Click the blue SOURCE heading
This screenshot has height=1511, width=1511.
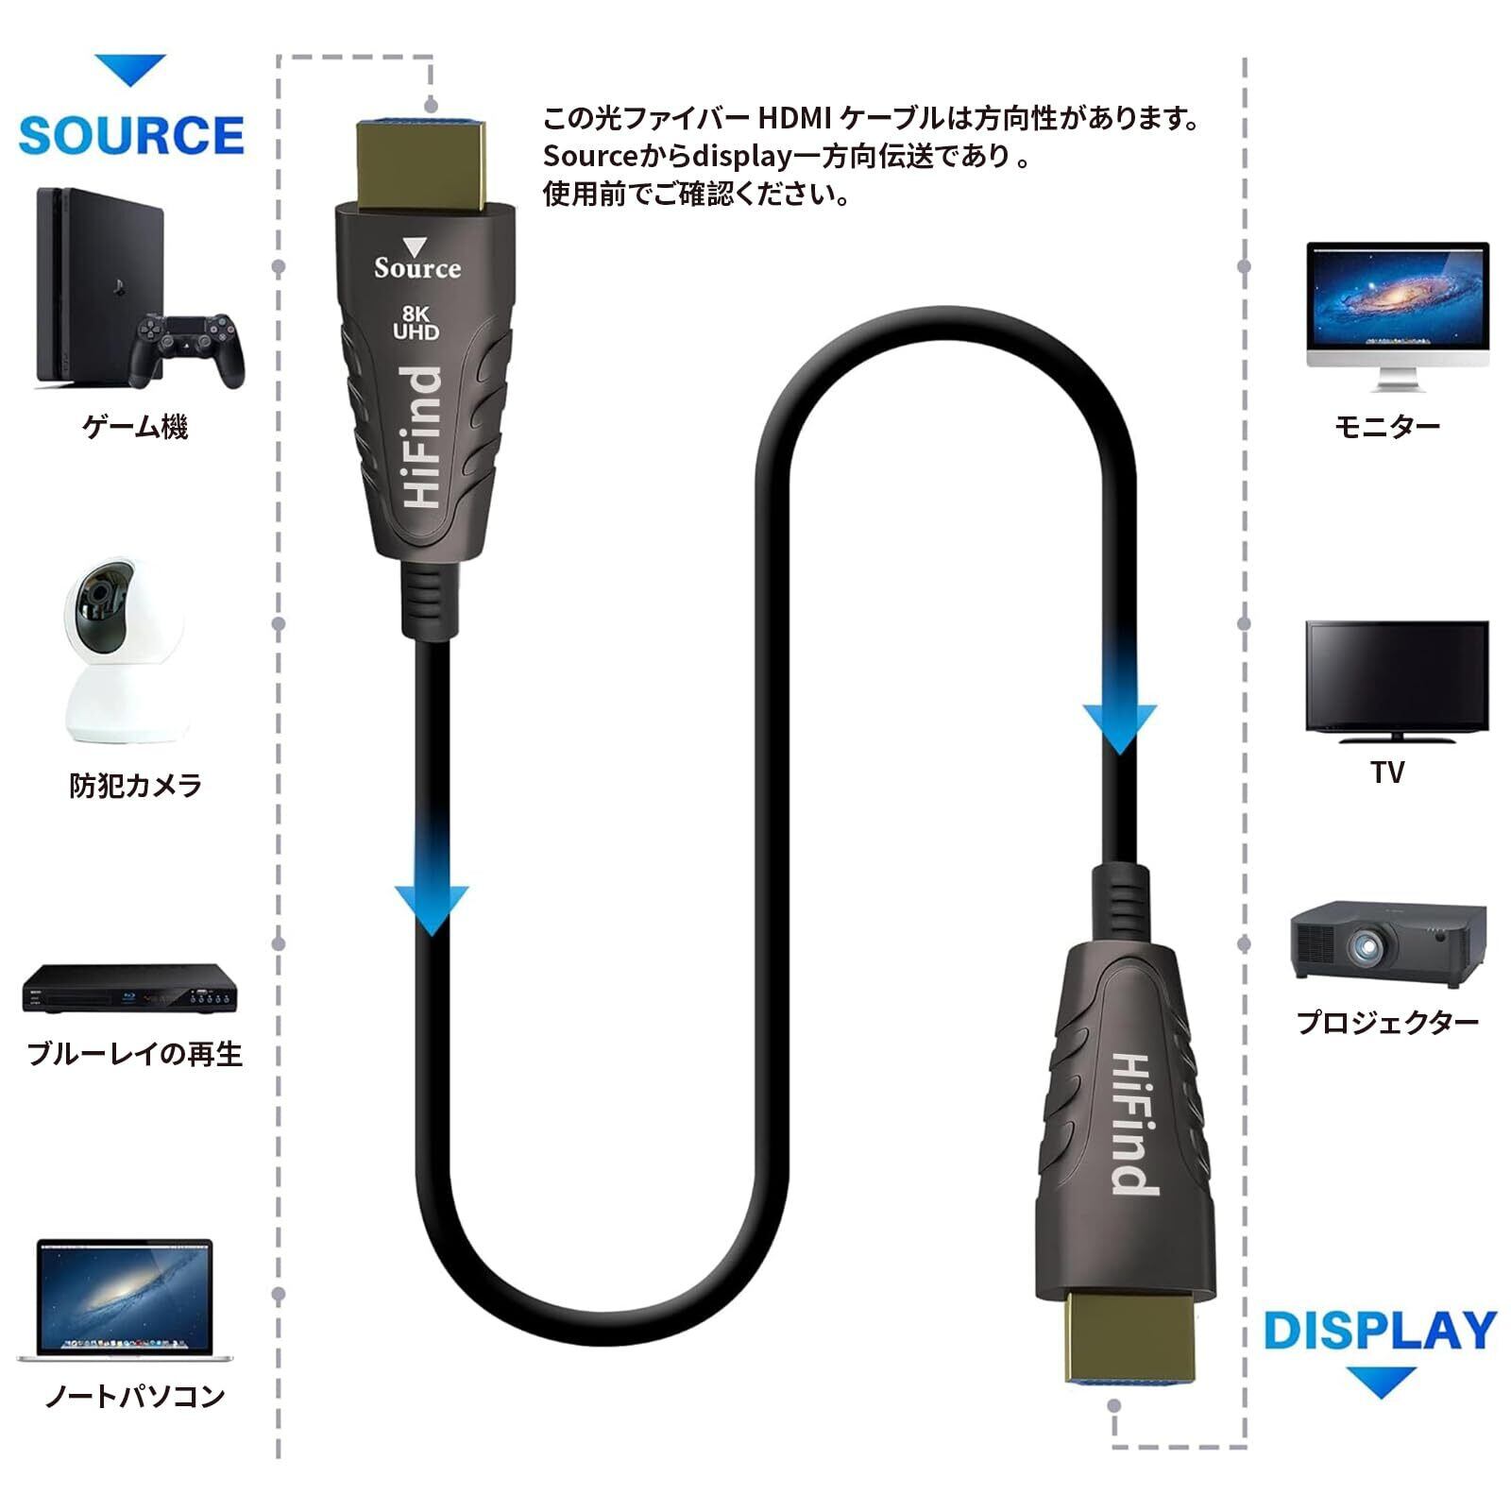point(131,135)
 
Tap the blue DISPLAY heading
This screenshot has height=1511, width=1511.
point(1379,1330)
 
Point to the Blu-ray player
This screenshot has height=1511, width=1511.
point(129,988)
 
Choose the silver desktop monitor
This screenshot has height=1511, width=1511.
point(1397,315)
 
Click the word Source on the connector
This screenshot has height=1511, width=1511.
point(417,268)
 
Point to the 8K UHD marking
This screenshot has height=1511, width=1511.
point(416,323)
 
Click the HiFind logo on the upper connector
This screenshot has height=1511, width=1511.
point(421,437)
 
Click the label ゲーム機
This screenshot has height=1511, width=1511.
point(135,427)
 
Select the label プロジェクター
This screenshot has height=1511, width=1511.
point(1387,1022)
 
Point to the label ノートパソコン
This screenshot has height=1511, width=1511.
point(135,1396)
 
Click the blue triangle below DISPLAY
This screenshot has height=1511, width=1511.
point(1381,1382)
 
